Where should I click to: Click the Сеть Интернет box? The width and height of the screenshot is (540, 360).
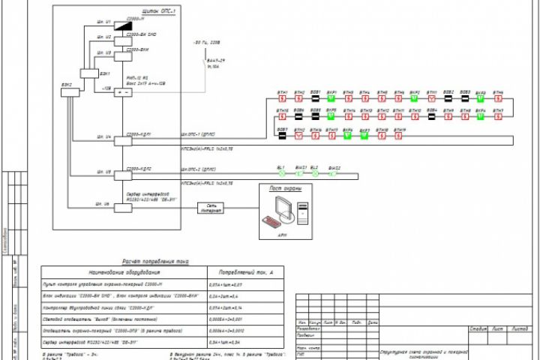(x=211, y=208)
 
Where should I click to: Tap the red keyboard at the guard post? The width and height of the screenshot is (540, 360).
(x=271, y=221)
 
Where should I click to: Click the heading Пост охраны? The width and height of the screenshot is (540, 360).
(x=285, y=188)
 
